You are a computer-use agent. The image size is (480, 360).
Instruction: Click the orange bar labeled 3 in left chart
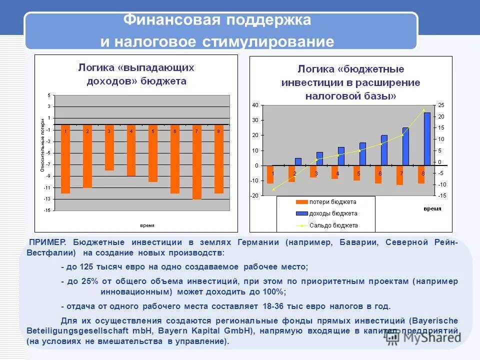pyautogui.click(x=109, y=147)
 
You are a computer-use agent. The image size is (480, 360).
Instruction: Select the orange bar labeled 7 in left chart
pyautogui.click(x=197, y=161)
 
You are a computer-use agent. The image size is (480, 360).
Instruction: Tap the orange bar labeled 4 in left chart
pyautogui.click(x=131, y=150)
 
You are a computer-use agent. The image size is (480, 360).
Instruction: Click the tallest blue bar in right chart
pyautogui.click(x=427, y=139)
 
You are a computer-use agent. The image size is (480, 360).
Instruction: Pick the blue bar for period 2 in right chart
pyautogui.click(x=298, y=161)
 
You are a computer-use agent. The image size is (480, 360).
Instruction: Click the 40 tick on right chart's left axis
pyautogui.click(x=255, y=105)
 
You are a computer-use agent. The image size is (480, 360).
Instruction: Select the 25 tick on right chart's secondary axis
pyautogui.click(x=441, y=105)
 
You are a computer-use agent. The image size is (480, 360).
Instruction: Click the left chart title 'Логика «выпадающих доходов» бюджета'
pyautogui.click(x=135, y=73)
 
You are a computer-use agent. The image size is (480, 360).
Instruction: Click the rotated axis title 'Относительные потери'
pyautogui.click(x=43, y=145)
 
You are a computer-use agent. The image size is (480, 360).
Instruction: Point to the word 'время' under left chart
pyautogui.click(x=146, y=224)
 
